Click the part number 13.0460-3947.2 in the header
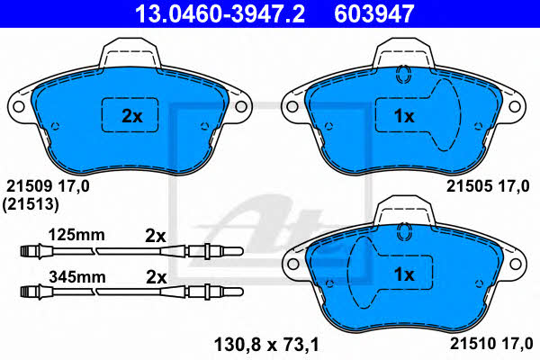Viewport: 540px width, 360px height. tap(220, 13)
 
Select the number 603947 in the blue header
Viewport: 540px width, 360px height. tap(374, 13)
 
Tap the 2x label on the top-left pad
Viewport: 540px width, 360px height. tap(132, 116)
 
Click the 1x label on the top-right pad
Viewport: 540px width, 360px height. tap(404, 116)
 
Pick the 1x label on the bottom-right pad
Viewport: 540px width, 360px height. tap(404, 274)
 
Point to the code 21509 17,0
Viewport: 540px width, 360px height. tap(48, 186)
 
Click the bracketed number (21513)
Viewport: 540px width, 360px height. tap(31, 204)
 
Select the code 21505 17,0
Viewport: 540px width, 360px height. tap(488, 186)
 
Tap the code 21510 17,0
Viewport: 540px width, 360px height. tap(491, 344)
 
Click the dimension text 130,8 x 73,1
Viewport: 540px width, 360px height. tap(266, 345)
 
